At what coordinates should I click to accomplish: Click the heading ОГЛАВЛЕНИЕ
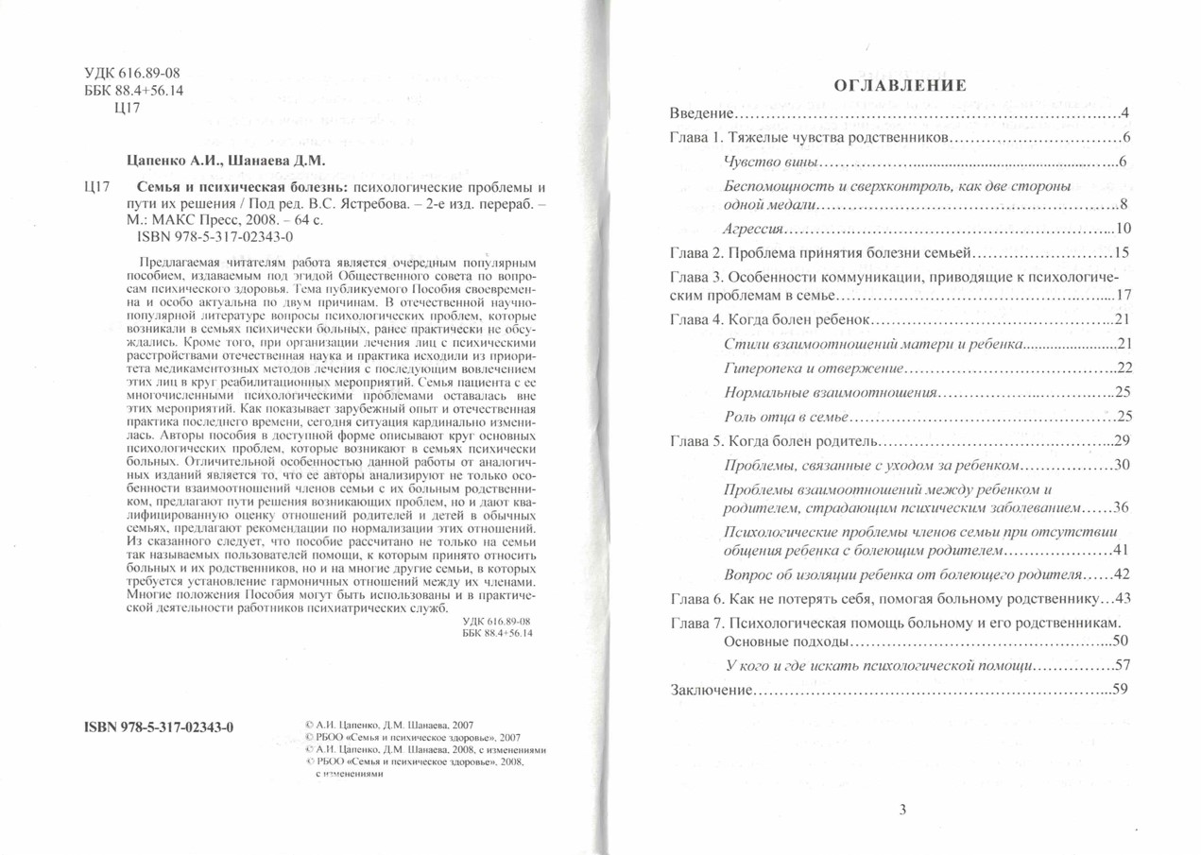point(900,86)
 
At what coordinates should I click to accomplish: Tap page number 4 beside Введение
point(1124,114)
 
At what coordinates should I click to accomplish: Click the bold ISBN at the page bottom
point(159,727)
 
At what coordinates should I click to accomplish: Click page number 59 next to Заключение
point(1121,689)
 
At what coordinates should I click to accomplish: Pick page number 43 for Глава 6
point(1121,598)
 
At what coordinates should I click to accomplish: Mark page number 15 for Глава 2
point(1121,252)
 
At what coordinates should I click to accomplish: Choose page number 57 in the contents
point(1121,665)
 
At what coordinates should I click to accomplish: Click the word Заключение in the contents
point(712,689)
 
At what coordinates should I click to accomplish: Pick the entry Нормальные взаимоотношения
point(830,391)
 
